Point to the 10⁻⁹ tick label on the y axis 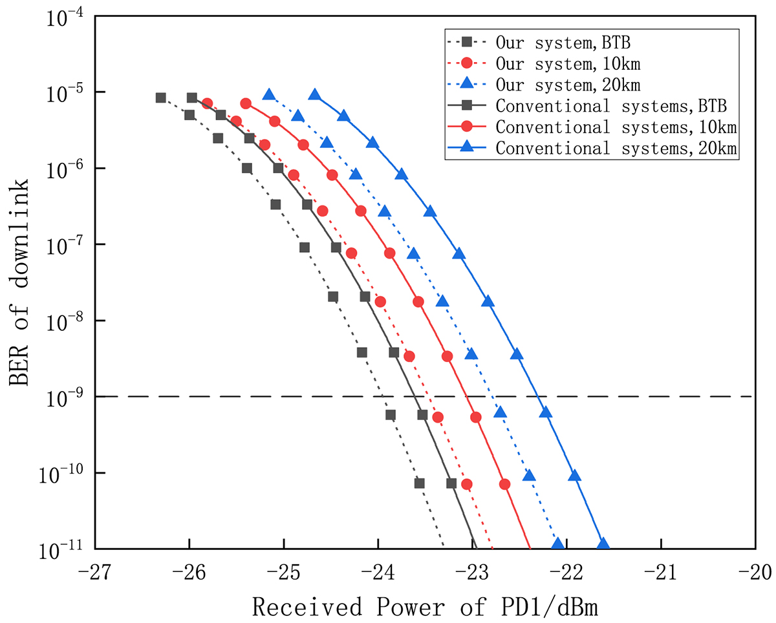tap(65, 398)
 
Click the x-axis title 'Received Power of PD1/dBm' tap(425, 607)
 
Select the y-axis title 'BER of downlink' tap(18, 282)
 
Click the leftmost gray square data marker tap(161, 98)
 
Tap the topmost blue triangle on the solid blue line tap(315, 95)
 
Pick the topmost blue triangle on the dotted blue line tap(269, 95)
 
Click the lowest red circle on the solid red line tap(505, 484)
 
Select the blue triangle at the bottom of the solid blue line tap(603, 544)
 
